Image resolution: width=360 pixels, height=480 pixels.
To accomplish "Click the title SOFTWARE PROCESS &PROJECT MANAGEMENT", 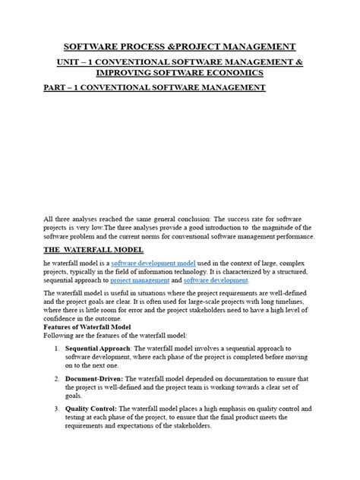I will [180, 47].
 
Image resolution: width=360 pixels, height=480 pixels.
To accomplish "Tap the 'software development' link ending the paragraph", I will [216, 281].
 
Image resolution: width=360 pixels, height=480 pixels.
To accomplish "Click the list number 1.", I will [58, 367].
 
